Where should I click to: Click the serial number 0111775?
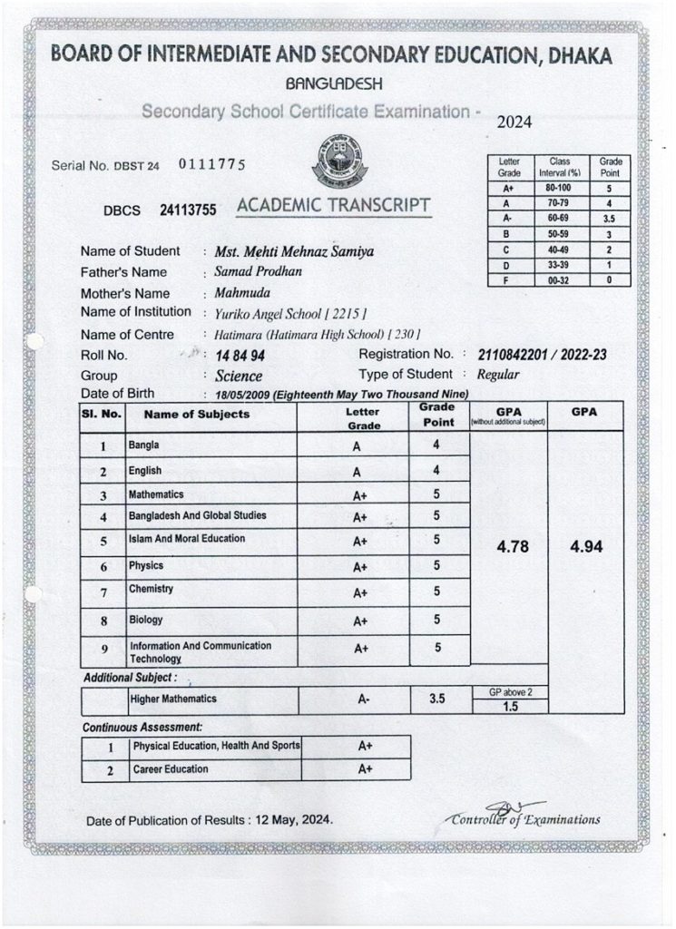[212, 164]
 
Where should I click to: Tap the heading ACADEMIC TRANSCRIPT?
[332, 207]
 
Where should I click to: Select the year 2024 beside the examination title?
[515, 123]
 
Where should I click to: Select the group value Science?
[239, 376]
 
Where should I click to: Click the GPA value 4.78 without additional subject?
[508, 547]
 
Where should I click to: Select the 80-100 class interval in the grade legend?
[559, 190]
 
